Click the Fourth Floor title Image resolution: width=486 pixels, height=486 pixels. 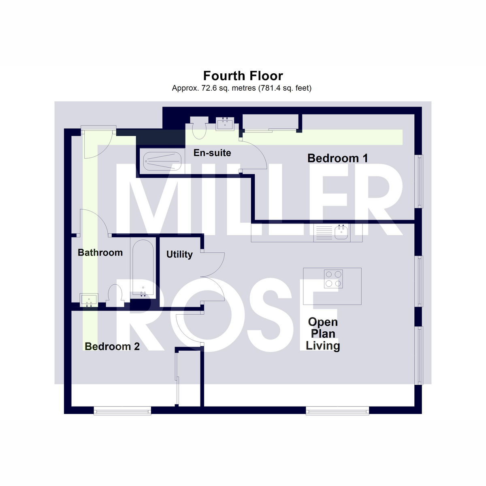[243, 76]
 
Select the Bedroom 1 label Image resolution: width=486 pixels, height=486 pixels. [337, 158]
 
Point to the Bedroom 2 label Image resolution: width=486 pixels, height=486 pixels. [112, 346]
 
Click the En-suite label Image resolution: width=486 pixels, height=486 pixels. [212, 153]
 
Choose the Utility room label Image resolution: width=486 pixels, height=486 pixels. [179, 254]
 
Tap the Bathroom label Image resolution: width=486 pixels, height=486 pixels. [100, 252]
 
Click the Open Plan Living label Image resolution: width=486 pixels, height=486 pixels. [323, 334]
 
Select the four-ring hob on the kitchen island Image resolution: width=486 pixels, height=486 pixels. [333, 279]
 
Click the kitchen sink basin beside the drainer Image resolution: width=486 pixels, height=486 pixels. [341, 232]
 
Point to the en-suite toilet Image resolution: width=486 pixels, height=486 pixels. [199, 128]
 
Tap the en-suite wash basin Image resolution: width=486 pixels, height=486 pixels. [225, 124]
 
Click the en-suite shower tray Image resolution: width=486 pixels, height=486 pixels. [162, 161]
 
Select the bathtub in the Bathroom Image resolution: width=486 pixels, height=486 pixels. [143, 268]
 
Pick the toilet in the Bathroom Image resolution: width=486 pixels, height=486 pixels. [115, 295]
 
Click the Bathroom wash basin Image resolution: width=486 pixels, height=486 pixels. [89, 300]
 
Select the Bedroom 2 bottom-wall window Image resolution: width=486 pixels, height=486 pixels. [122, 411]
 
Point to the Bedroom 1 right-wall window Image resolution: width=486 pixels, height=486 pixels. [419, 181]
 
